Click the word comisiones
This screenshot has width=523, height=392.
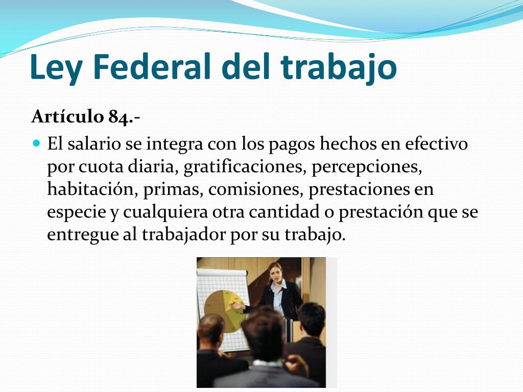249,189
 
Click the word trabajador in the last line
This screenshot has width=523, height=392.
181,235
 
